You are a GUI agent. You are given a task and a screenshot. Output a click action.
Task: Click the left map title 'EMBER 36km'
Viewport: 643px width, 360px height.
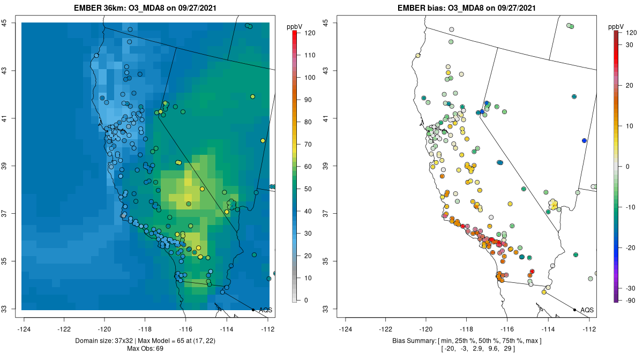pos(99,7)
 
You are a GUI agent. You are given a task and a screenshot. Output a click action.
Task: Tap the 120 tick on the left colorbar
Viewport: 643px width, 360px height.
pos(309,33)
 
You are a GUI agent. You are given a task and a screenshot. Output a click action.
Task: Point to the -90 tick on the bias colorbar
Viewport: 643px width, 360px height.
pos(630,301)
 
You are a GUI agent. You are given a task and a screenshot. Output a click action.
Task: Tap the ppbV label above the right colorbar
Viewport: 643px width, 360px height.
pos(617,26)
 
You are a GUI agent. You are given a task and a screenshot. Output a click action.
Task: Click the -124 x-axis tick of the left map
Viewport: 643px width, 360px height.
pos(24,329)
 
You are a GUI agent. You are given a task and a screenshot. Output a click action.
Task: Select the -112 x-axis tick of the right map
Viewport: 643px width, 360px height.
pos(589,329)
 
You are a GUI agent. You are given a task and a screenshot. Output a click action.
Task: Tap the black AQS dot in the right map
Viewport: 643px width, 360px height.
pos(574,310)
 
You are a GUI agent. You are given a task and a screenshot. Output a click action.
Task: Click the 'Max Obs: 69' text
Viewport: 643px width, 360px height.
pos(145,349)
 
